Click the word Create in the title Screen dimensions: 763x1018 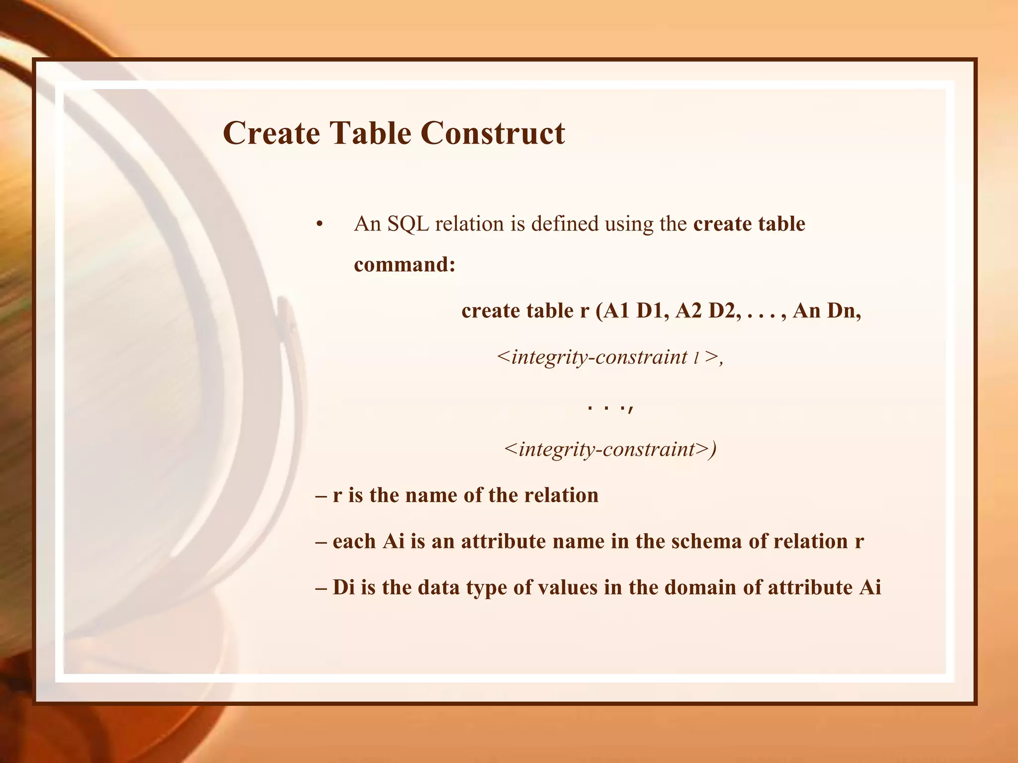click(271, 133)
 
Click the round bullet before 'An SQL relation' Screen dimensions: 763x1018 click(320, 225)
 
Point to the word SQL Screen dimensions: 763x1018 click(408, 224)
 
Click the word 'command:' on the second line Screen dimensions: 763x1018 click(405, 264)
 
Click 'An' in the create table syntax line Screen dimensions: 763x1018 click(807, 311)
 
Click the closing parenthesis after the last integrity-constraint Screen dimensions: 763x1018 click(713, 450)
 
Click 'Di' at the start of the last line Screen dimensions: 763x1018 click(343, 588)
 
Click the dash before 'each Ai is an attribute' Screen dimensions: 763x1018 click(321, 541)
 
